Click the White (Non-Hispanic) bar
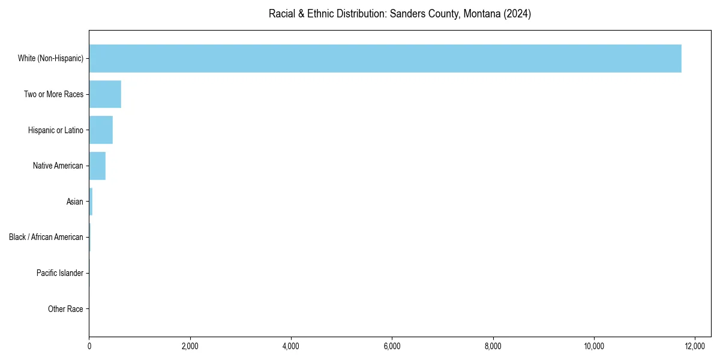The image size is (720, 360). click(x=385, y=58)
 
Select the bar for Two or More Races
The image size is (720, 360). click(x=105, y=94)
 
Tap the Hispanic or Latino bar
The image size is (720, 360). click(x=101, y=130)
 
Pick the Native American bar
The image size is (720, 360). click(x=97, y=166)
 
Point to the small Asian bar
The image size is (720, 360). click(x=91, y=202)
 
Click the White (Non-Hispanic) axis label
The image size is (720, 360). click(x=50, y=58)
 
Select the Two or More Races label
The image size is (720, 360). click(x=53, y=94)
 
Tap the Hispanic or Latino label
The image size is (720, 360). click(x=55, y=130)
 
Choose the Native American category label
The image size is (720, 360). click(x=58, y=166)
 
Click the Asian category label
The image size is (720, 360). click(x=74, y=202)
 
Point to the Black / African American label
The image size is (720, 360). click(x=46, y=237)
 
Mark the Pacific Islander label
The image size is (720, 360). click(x=59, y=273)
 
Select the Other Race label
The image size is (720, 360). click(x=65, y=309)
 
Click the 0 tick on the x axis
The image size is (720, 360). click(x=89, y=346)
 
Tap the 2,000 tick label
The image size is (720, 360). click(x=190, y=346)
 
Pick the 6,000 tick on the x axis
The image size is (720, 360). click(x=392, y=346)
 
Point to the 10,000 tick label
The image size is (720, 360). click(x=593, y=346)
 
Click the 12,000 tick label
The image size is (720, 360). click(x=694, y=346)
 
